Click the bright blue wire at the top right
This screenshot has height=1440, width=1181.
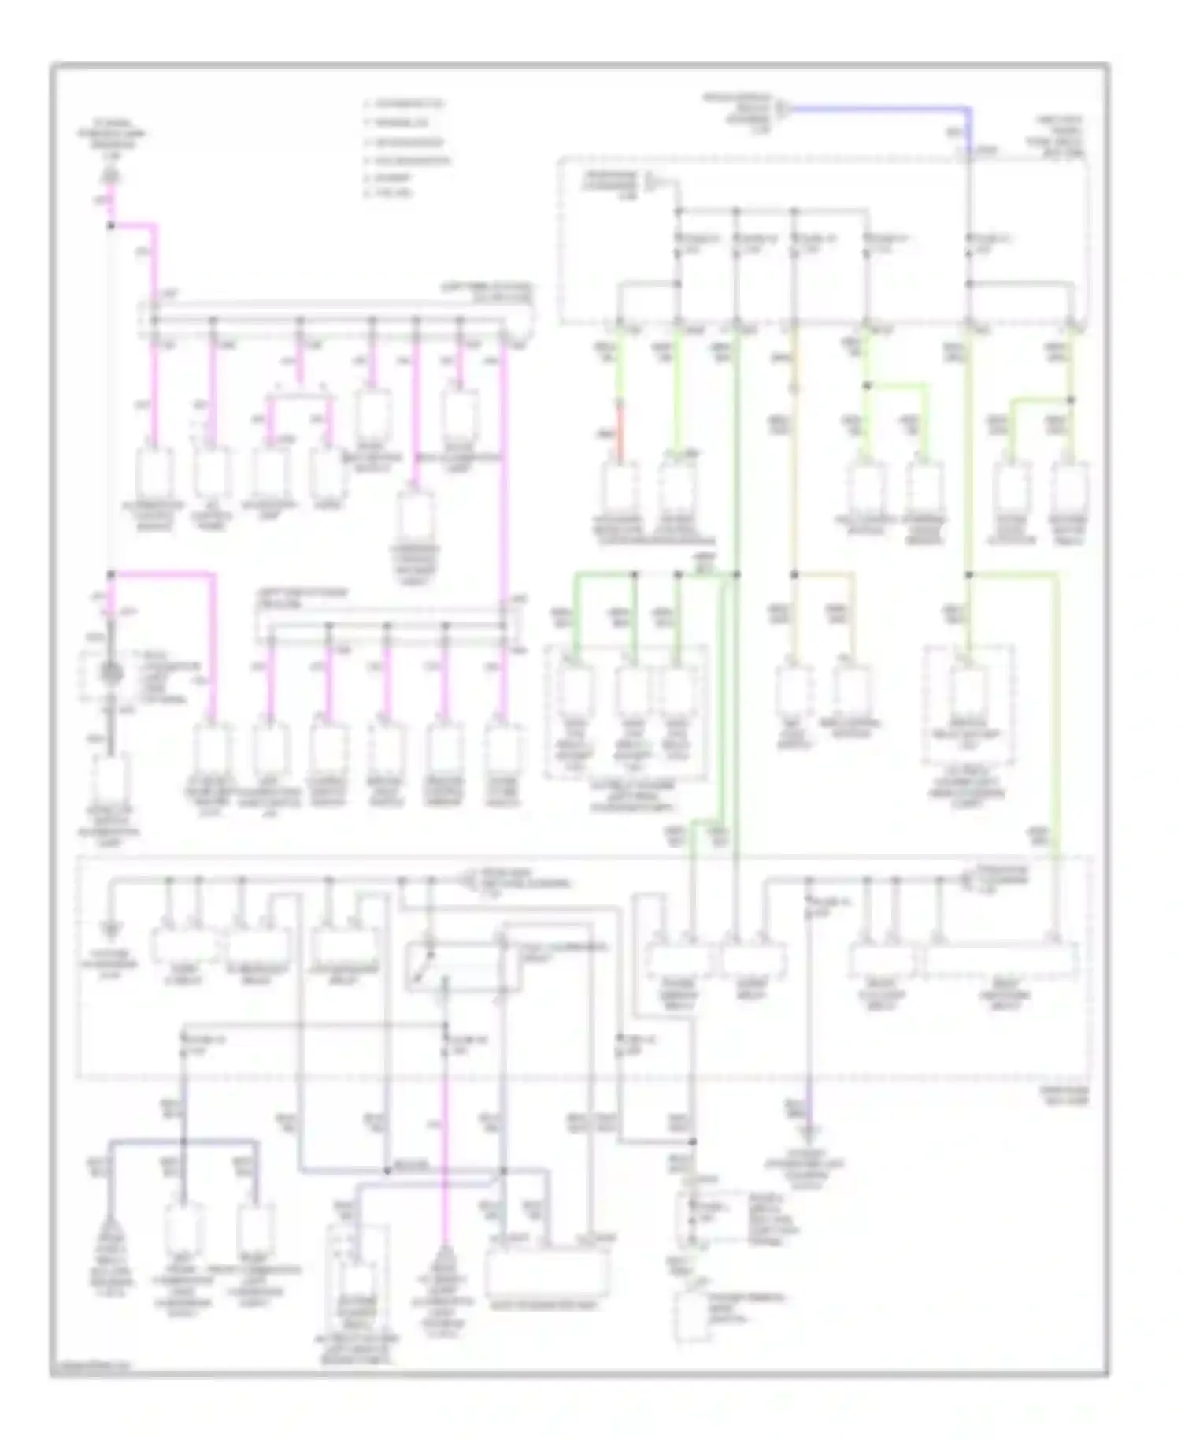coord(882,108)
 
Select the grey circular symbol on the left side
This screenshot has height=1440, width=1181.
coord(110,674)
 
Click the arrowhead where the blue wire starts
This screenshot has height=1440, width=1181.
coord(782,107)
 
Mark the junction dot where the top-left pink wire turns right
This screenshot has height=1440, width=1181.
coord(111,225)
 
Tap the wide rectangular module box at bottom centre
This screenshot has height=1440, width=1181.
coord(548,1275)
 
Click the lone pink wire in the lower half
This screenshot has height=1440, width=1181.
coord(445,1142)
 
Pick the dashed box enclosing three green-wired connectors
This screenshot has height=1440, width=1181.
coord(626,714)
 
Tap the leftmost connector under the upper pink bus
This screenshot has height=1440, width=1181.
coord(155,476)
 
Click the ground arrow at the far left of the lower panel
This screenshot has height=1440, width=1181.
coord(111,930)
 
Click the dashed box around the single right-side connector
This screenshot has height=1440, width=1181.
coord(968,705)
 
